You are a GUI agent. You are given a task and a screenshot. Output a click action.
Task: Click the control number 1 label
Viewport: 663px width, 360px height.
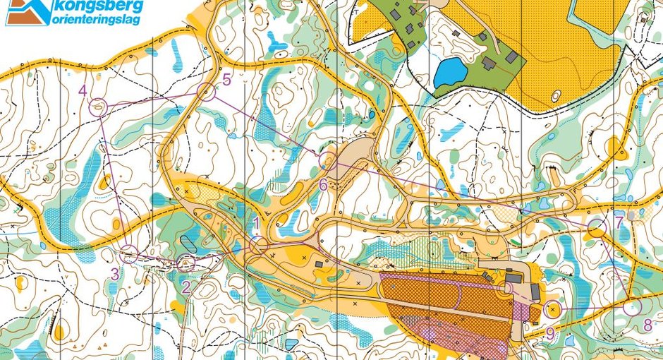pos(257,224)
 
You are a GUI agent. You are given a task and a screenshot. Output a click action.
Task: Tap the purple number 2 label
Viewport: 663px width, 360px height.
pos(185,287)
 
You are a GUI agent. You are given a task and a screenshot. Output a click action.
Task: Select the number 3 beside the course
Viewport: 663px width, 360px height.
pos(115,275)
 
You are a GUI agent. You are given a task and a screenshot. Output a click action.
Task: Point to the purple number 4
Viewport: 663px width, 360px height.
pos(83,90)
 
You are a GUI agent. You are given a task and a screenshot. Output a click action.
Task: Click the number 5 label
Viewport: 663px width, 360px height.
pos(226,80)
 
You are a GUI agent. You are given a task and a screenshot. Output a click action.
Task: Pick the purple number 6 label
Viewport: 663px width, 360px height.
pos(323,185)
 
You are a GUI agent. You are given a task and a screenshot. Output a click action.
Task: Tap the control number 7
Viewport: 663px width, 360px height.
pos(619,222)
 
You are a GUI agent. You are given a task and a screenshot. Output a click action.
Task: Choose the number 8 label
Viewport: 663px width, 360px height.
pos(647,325)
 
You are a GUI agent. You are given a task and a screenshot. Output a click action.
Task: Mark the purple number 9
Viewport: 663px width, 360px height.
pos(550,333)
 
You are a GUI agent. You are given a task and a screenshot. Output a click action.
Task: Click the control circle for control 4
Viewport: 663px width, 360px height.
pos(99,108)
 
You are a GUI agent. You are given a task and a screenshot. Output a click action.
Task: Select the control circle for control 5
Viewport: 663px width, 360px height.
pos(206,90)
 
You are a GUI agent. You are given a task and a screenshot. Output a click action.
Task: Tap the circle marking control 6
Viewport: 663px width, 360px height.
pos(327,160)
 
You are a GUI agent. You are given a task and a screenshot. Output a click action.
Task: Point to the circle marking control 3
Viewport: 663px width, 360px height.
pos(128,254)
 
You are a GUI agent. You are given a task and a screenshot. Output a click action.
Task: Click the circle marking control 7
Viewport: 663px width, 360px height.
pos(597,228)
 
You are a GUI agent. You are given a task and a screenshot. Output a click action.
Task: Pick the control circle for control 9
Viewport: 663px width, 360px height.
pos(554,308)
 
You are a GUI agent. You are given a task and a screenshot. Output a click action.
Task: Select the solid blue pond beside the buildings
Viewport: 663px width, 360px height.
pos(450,71)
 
